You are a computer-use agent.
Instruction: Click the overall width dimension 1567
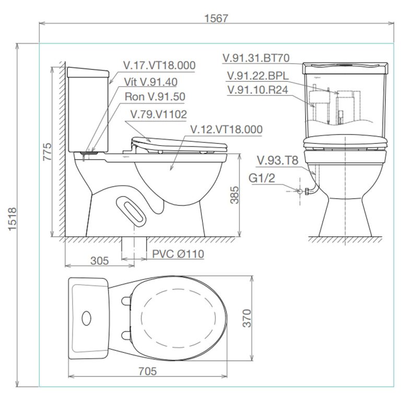click(216, 18)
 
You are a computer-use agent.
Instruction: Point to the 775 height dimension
click(47, 151)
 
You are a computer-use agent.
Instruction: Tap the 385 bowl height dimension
click(233, 195)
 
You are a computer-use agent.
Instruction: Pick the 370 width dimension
click(247, 317)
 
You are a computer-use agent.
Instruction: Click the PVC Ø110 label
click(178, 254)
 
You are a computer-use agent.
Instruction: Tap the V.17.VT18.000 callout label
click(159, 65)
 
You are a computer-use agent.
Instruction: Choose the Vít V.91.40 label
click(151, 81)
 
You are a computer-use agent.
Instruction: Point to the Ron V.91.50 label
click(155, 97)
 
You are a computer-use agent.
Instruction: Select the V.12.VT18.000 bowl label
click(226, 129)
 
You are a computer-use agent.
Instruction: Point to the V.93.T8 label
click(278, 160)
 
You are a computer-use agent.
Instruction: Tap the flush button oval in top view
click(86, 317)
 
